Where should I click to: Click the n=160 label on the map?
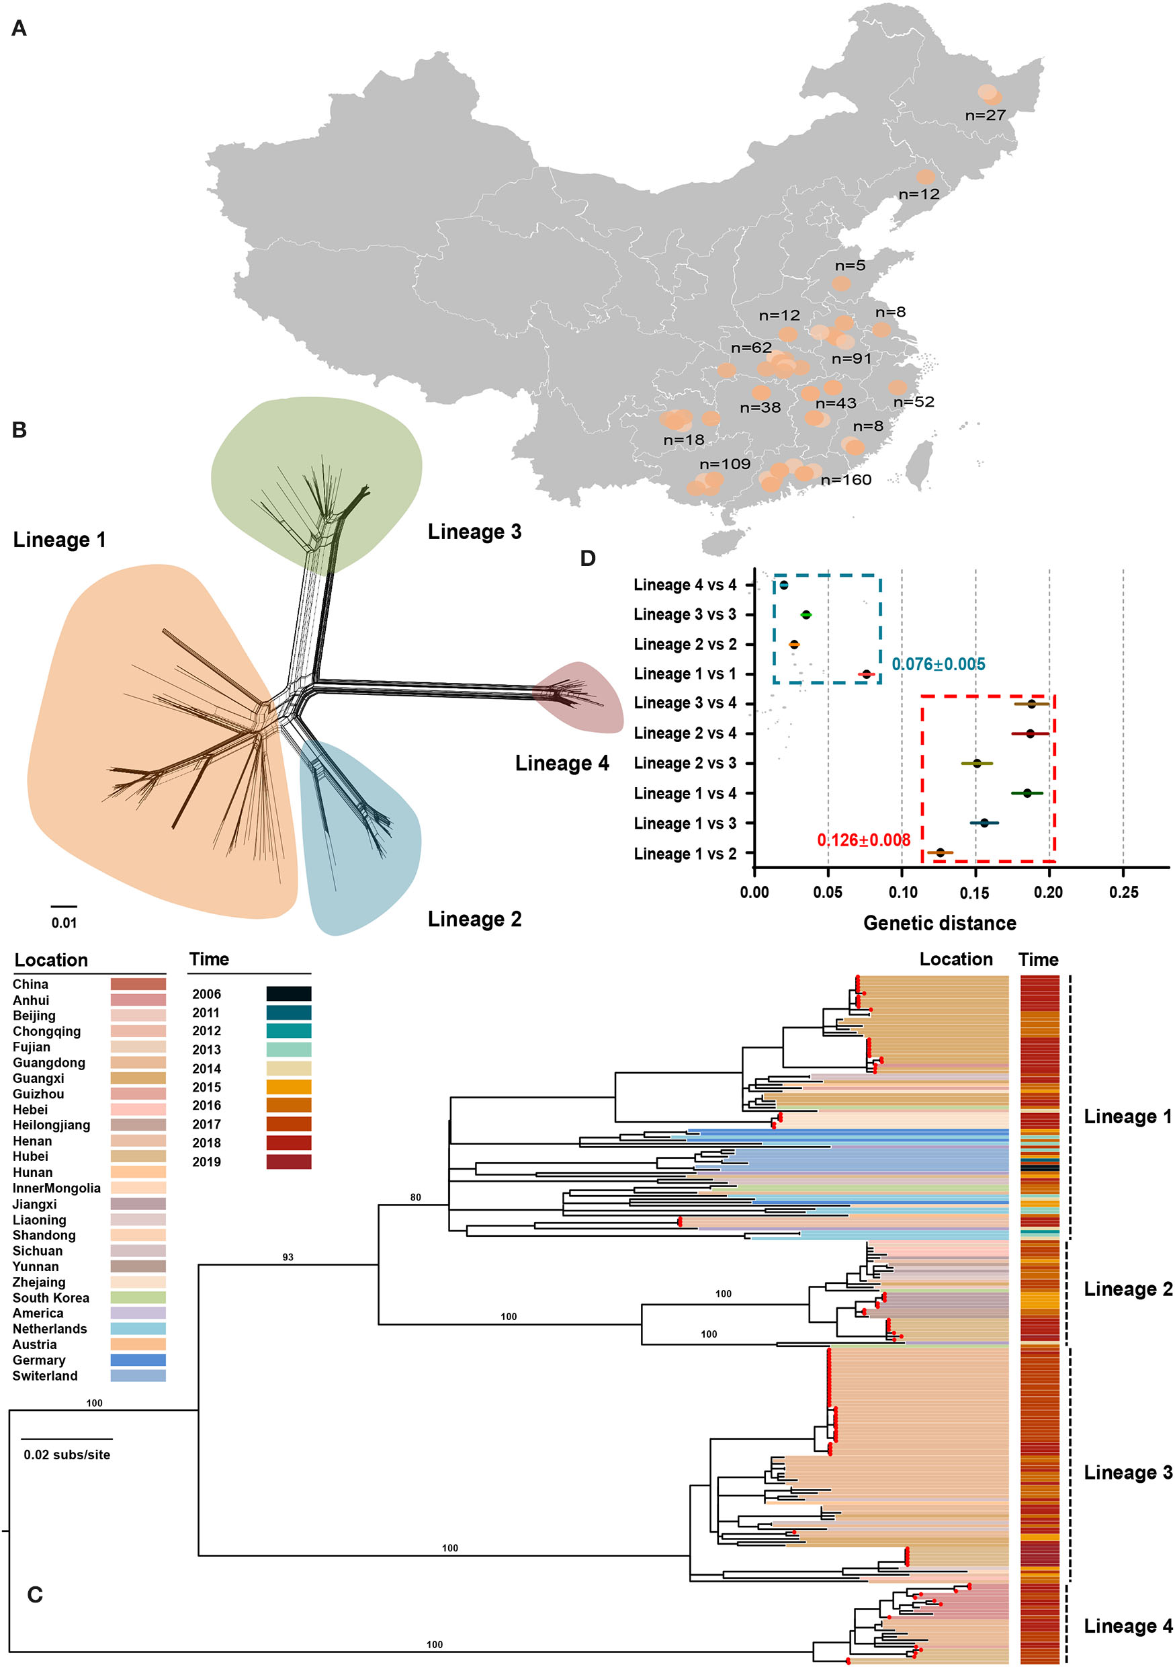[846, 479]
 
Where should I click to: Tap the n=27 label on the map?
[985, 115]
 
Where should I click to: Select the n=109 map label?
[724, 464]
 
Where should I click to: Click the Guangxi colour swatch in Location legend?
[138, 1078]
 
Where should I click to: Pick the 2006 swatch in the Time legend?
[288, 994]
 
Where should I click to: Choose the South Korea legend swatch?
[138, 1297]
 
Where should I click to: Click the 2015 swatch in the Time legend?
[288, 1087]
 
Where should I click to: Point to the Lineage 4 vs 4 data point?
[784, 585]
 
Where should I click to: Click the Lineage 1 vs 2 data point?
[941, 852]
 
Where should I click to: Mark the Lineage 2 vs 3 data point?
[977, 763]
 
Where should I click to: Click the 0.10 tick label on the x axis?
[902, 892]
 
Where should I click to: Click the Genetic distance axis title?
[939, 923]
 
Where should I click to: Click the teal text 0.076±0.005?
[938, 663]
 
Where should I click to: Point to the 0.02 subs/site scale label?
[67, 1455]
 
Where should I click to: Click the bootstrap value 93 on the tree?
[288, 1257]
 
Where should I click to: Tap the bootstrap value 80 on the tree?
[416, 1197]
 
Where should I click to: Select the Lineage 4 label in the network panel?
[562, 763]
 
